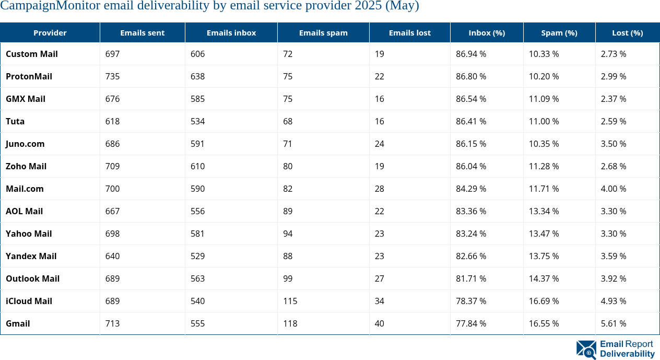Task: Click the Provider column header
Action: coord(50,33)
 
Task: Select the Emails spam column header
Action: coord(323,33)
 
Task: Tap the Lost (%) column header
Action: coord(627,33)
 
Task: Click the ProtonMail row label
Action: coord(29,76)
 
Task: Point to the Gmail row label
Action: coord(18,323)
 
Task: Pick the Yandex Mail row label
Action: coord(31,256)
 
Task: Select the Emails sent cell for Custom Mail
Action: coord(112,54)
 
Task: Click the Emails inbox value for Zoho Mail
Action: coord(197,166)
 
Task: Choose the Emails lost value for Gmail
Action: coord(379,323)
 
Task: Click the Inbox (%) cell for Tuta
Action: coord(471,121)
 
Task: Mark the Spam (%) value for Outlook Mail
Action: coord(544,278)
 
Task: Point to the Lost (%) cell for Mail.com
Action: coord(614,189)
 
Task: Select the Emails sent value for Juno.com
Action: coord(112,144)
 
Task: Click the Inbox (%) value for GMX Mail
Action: coord(471,99)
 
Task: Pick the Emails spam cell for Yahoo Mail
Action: coord(288,234)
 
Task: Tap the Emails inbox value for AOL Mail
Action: coord(197,211)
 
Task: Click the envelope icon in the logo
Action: coord(586,349)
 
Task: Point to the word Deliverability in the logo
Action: coord(627,354)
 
